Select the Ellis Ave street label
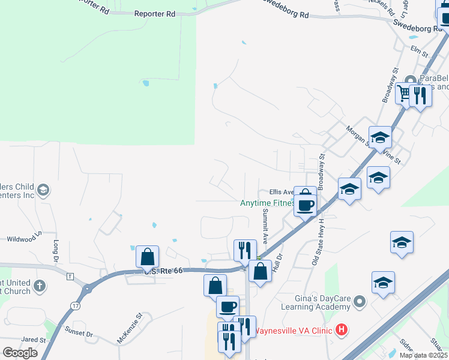tap(281, 192)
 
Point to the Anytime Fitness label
tap(268, 203)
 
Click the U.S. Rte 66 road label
tap(163, 271)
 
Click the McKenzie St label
tap(129, 328)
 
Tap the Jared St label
tap(29, 340)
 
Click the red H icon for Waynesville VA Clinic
tap(341, 329)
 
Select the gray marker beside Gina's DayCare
tap(359, 301)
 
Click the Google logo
tap(20, 353)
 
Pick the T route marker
tap(70, 277)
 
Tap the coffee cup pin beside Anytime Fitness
tap(305, 206)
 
